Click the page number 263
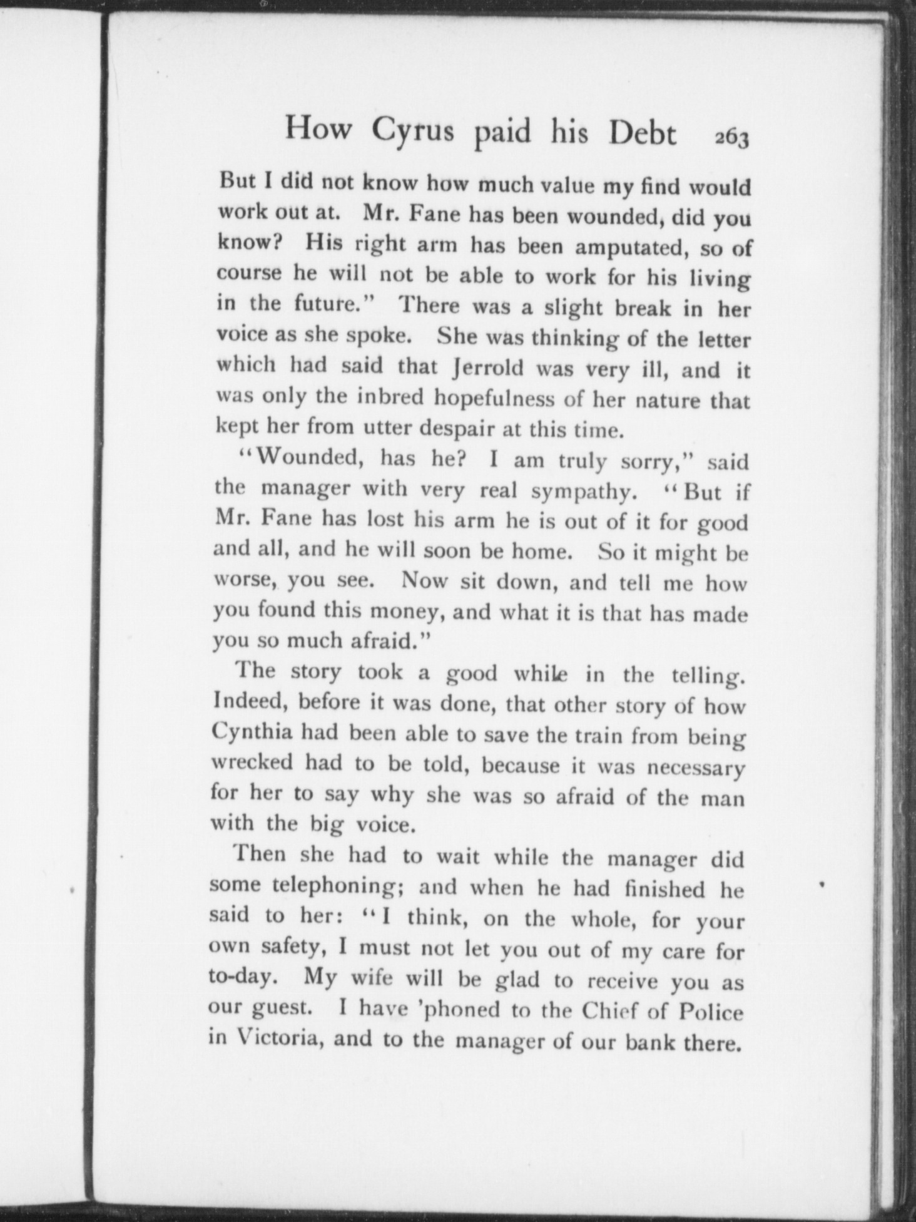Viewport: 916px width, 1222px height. (731, 139)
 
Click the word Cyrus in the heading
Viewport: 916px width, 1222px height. (413, 131)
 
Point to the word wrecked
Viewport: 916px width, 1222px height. (252, 762)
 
